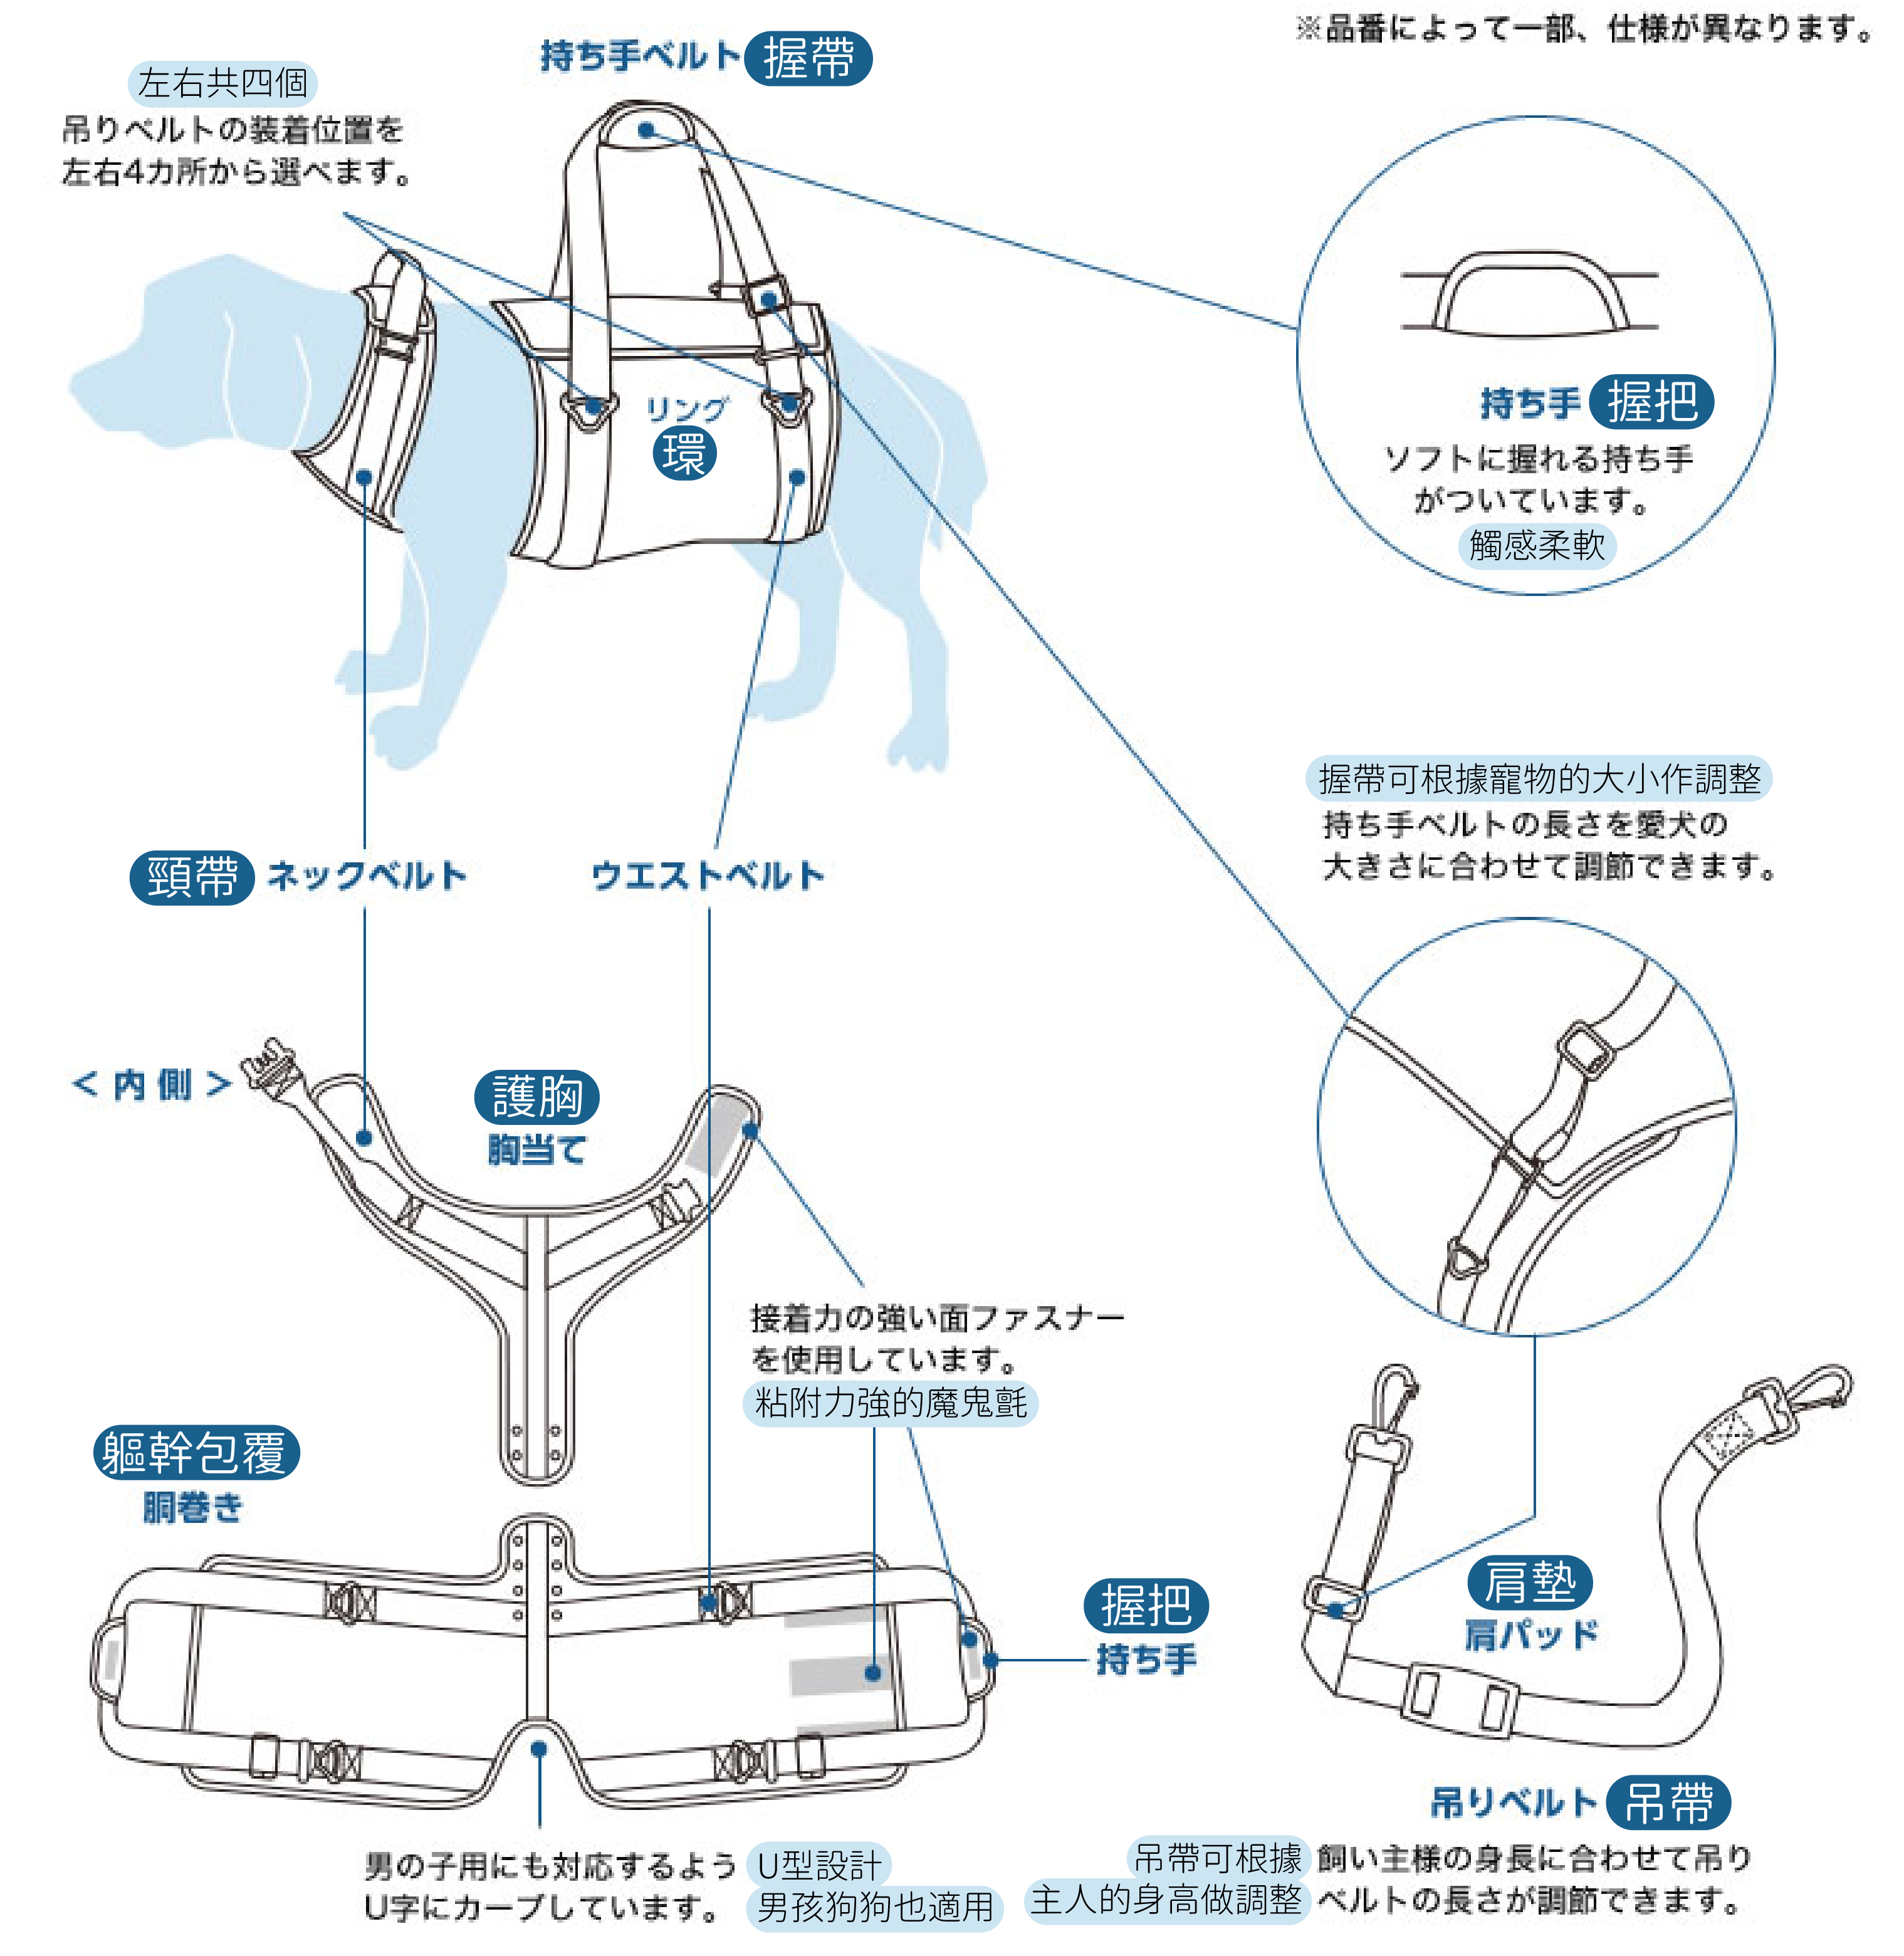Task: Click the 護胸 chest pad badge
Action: [537, 1097]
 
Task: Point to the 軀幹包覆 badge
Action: [197, 1453]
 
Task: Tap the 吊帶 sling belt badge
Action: [1668, 1803]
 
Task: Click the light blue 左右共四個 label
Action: [222, 83]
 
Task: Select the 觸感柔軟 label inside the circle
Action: [1537, 546]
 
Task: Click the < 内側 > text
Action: [152, 1084]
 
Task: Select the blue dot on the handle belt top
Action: [646, 130]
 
